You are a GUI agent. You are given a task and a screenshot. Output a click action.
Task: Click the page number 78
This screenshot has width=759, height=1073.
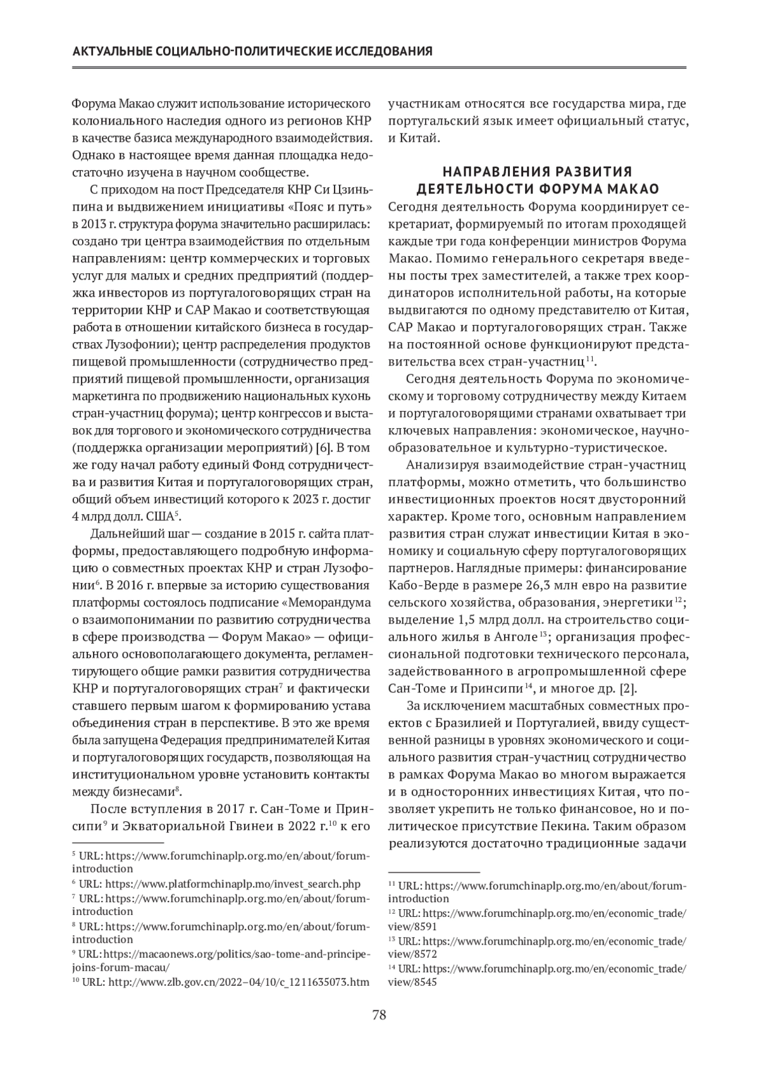(x=379, y=1016)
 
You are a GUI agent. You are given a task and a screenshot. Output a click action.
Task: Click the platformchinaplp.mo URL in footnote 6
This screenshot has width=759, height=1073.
(x=233, y=883)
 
